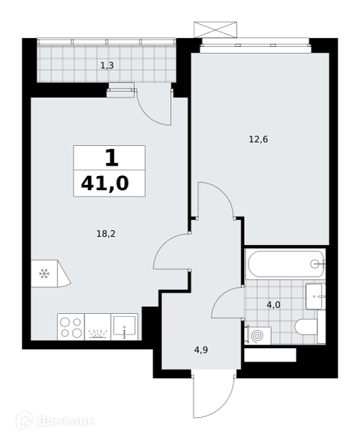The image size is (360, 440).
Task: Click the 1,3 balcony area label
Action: [107, 66]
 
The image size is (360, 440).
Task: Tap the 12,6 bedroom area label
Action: [258, 139]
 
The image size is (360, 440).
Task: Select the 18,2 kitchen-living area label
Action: [106, 233]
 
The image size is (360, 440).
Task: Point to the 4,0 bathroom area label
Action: [273, 305]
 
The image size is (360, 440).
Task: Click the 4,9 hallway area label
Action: [201, 350]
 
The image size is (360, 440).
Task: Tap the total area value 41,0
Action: [105, 183]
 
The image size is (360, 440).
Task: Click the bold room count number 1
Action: [112, 158]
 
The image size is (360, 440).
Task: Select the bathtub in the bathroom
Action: [286, 264]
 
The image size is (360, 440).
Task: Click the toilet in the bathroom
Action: [309, 327]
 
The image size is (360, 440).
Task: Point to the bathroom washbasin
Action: [315, 296]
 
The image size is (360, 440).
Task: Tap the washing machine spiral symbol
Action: [257, 336]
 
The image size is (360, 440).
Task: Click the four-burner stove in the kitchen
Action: [71, 327]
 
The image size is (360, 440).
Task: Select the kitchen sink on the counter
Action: [125, 326]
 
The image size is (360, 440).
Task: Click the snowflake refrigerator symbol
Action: [44, 274]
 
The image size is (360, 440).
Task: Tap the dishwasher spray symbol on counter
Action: [98, 334]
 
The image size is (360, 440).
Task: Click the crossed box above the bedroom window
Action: [216, 29]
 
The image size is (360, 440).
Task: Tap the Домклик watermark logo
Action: [55, 421]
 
